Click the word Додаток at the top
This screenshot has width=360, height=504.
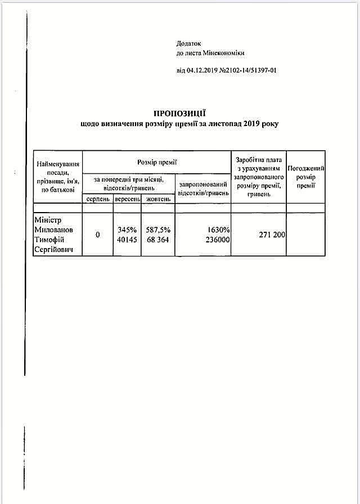pos(188,43)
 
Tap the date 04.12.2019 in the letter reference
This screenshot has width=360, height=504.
pos(201,70)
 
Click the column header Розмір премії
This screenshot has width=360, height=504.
pos(157,162)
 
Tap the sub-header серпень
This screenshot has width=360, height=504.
pos(98,199)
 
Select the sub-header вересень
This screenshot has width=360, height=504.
pos(127,199)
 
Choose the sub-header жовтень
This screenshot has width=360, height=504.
pos(157,199)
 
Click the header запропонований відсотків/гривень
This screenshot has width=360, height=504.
pos(203,188)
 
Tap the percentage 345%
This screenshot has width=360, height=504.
pos(128,229)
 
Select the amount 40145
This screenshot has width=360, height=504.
pos(128,240)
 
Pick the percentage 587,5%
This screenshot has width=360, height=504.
pos(158,229)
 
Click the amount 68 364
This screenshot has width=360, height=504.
pos(158,240)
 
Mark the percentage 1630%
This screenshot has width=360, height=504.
pos(217,229)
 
